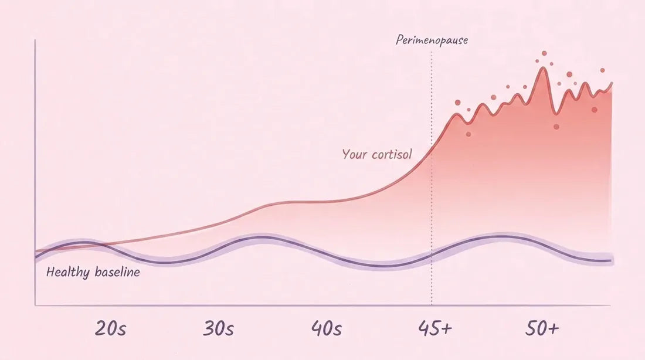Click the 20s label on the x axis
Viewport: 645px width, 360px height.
[x=110, y=328]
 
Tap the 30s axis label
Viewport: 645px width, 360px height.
[x=219, y=328]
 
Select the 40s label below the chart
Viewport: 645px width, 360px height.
[x=326, y=328]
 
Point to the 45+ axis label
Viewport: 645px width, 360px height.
[x=435, y=328]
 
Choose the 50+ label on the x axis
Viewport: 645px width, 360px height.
[x=542, y=328]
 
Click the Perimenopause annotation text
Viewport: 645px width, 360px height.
[x=432, y=40]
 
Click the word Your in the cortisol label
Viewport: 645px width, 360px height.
[x=355, y=154]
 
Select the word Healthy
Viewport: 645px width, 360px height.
[x=68, y=272]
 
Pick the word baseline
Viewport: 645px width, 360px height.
[x=117, y=271]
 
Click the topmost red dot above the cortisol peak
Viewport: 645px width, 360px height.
[x=544, y=53]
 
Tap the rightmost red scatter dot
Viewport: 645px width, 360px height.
[x=603, y=70]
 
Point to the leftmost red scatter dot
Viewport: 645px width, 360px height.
[x=458, y=103]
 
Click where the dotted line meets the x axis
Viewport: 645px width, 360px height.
[x=432, y=305]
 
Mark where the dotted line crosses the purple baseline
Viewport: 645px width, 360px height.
[x=432, y=255]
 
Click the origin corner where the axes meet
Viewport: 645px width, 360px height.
[x=35, y=305]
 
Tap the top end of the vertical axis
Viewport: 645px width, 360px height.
[x=35, y=40]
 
